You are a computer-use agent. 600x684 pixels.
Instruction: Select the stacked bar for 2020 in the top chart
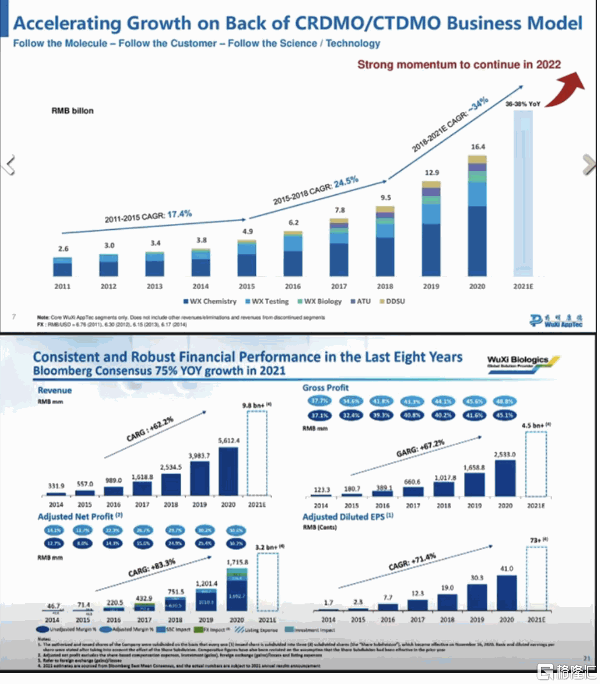(477, 217)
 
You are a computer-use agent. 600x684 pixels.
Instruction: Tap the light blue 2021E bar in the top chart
(523, 194)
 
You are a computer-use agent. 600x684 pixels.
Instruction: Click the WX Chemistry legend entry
(210, 301)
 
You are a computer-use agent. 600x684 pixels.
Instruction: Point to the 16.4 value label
(478, 147)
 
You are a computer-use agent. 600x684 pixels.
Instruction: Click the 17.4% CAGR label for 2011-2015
(179, 214)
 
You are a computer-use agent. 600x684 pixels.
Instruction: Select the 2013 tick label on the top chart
(155, 287)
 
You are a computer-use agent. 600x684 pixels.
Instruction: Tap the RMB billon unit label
(72, 111)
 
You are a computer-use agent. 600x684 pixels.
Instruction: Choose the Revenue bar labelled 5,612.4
(228, 471)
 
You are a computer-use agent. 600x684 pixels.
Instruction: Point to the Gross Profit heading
(325, 388)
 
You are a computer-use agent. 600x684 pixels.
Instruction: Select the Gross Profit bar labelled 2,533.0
(505, 478)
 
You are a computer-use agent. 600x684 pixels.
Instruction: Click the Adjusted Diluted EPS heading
(347, 517)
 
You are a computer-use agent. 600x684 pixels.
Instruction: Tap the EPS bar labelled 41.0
(507, 593)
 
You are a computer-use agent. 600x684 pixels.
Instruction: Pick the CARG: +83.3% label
(152, 568)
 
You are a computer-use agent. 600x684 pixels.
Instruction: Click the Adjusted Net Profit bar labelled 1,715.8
(237, 590)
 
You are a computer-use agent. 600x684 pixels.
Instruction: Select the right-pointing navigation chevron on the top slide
(589, 165)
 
